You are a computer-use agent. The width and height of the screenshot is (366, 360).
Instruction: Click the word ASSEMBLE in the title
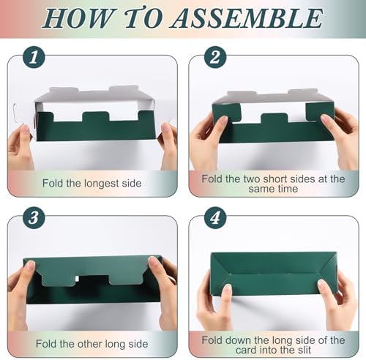point(247,18)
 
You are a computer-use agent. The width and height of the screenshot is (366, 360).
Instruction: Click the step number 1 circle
point(34,58)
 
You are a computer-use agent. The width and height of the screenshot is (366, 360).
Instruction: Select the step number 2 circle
point(215,58)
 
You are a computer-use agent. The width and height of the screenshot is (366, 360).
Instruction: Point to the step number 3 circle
point(34,217)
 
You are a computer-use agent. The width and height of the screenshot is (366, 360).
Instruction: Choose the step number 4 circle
point(215,217)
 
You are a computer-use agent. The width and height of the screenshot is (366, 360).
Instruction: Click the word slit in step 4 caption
point(303,350)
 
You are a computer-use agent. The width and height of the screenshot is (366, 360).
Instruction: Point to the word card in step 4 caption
point(246,350)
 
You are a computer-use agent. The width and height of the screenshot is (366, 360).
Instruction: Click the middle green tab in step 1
point(96,116)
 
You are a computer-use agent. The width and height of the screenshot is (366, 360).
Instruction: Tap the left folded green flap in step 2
point(226,111)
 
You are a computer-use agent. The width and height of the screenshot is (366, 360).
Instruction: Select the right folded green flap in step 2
point(320,111)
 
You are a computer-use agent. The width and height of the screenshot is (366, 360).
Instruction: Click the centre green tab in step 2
point(274,118)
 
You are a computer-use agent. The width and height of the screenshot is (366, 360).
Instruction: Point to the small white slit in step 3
point(77,279)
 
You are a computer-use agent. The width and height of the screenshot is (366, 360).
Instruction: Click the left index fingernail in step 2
point(224,119)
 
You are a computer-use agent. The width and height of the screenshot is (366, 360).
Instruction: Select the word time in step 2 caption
point(287,189)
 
